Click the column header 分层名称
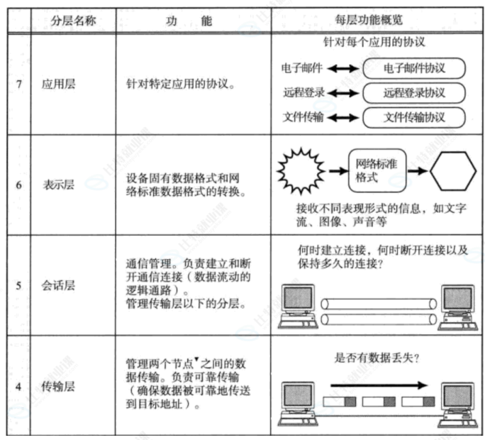74,21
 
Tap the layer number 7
18,83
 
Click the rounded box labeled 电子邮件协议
414,69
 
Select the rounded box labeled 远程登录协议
414,93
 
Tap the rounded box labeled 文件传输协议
414,117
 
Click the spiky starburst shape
303,170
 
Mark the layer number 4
18,386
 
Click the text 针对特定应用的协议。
179,83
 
